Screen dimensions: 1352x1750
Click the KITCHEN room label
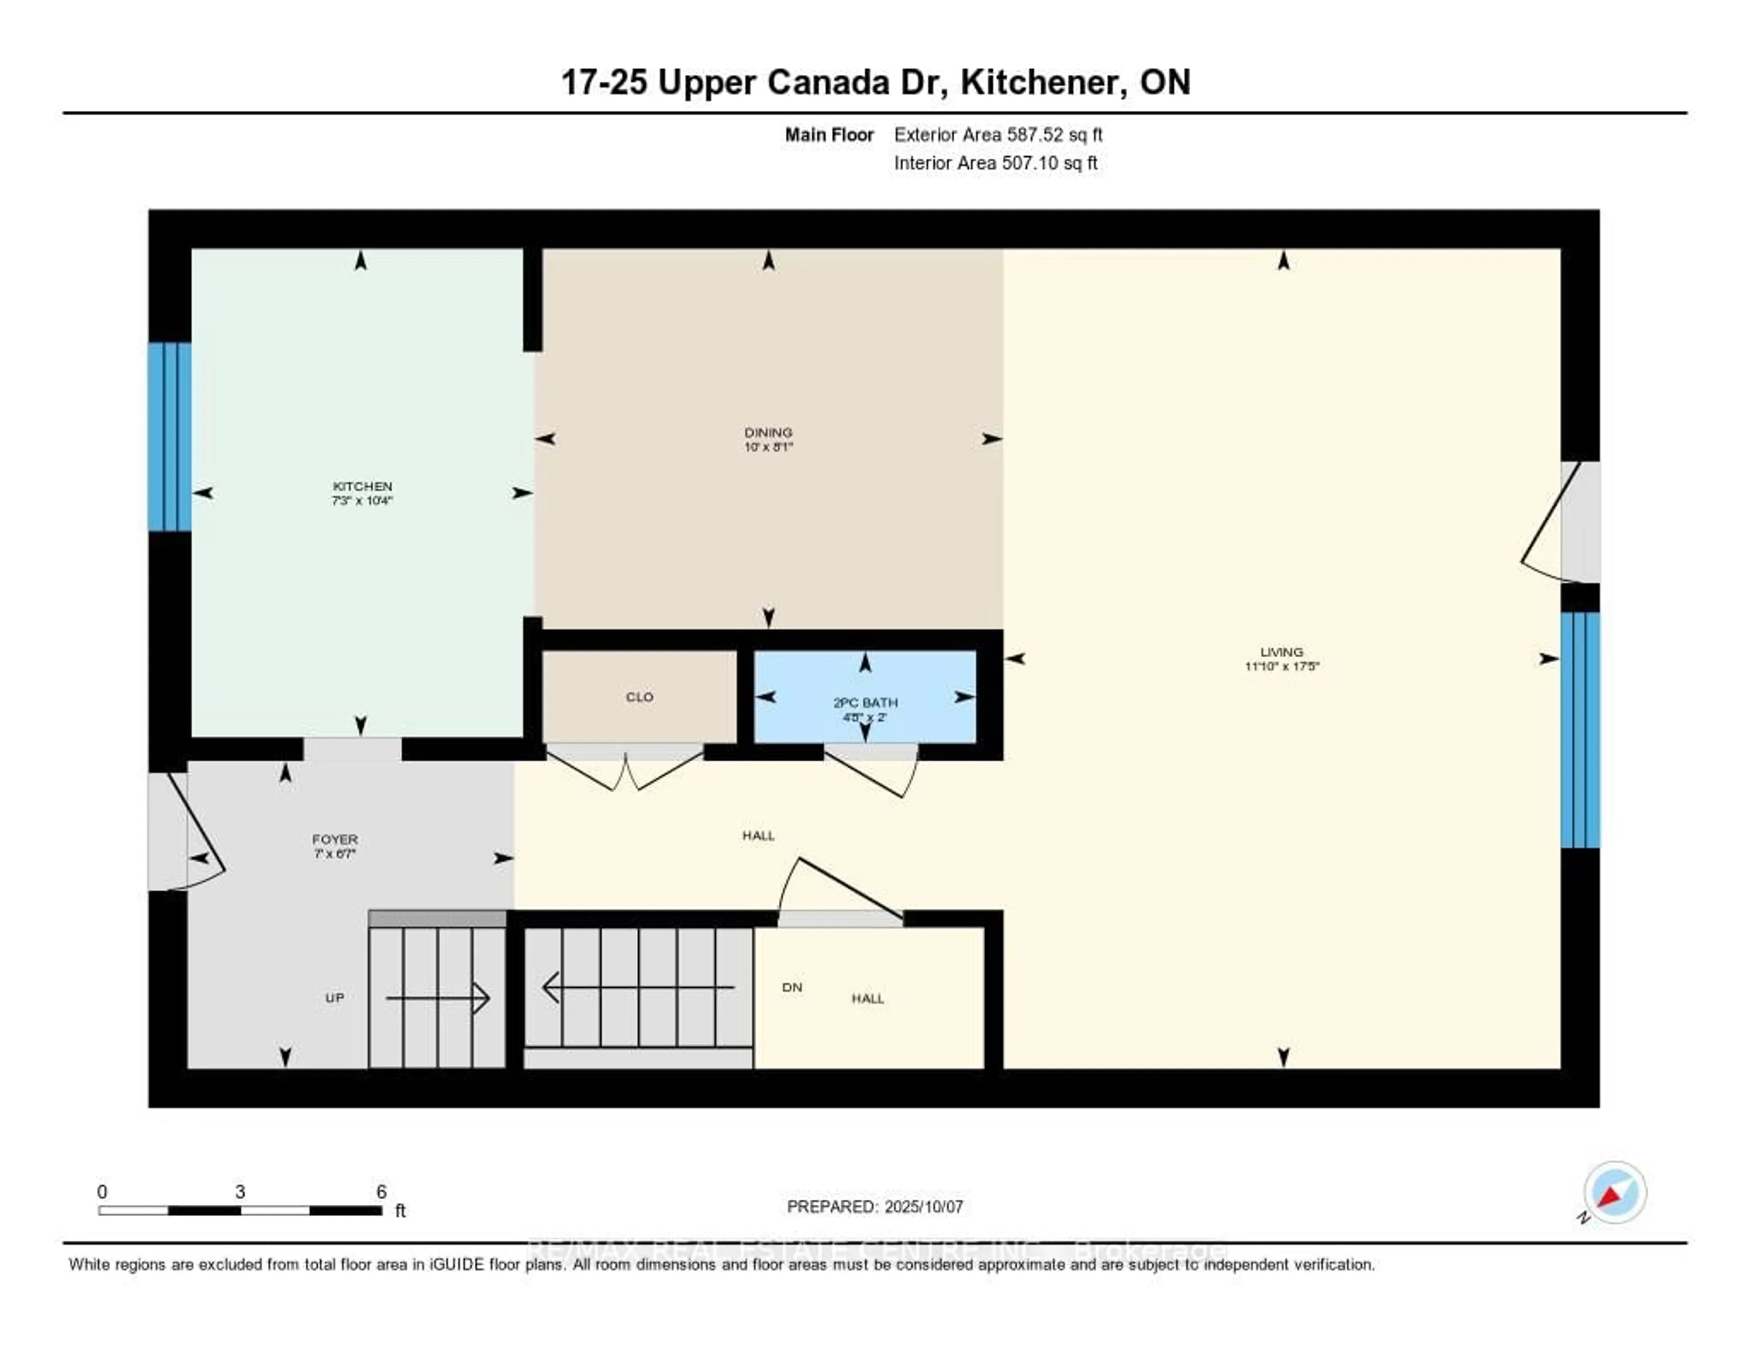pyautogui.click(x=362, y=486)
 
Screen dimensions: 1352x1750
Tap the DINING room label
pyautogui.click(x=767, y=433)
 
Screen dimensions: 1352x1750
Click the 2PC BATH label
pyautogui.click(x=865, y=703)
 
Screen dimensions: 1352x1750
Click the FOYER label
pyautogui.click(x=335, y=839)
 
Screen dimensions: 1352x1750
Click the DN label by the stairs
pyautogui.click(x=792, y=987)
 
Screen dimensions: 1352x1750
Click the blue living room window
pyautogui.click(x=1580, y=729)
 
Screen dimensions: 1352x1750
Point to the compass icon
pyautogui.click(x=1615, y=1192)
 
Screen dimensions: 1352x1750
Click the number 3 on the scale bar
pyautogui.click(x=240, y=1192)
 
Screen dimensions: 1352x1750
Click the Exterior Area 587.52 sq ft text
pyautogui.click(x=998, y=134)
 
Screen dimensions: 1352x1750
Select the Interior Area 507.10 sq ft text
pyautogui.click(x=995, y=164)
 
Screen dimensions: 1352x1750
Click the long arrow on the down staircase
pyautogui.click(x=638, y=987)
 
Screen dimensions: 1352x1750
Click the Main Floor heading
pyautogui.click(x=829, y=134)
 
